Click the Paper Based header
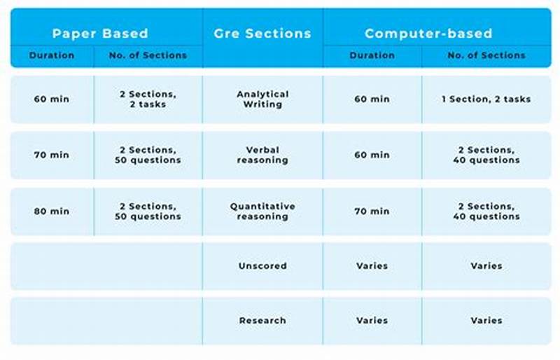100,33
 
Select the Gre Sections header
262,33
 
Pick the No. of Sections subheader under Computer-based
485,55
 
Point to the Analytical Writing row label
262,99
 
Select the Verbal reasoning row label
262,155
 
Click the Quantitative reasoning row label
262,211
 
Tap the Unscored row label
262,266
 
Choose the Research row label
262,320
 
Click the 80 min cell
51,211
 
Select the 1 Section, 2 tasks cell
486,99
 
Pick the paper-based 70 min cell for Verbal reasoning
51,155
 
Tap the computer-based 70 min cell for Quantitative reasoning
372,211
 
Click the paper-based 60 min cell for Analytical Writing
51,99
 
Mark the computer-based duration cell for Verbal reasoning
372,155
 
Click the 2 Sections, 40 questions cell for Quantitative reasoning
486,211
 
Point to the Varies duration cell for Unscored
372,266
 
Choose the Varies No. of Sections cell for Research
486,320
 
